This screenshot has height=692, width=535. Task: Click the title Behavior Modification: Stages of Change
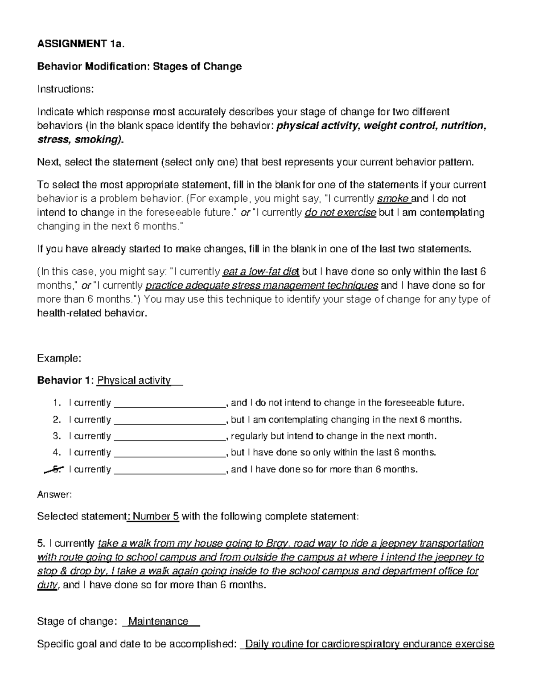139,66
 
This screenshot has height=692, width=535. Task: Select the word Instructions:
66,89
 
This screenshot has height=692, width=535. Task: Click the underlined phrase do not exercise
341,213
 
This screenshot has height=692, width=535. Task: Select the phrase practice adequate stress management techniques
262,286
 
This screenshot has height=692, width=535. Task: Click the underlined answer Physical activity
134,381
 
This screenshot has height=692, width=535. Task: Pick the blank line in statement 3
169,437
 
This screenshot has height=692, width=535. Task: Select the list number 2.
56,420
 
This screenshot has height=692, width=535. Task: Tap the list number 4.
56,453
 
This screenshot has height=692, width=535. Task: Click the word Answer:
54,494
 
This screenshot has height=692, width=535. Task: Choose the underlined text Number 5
156,516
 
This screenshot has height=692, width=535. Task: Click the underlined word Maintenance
158,622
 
